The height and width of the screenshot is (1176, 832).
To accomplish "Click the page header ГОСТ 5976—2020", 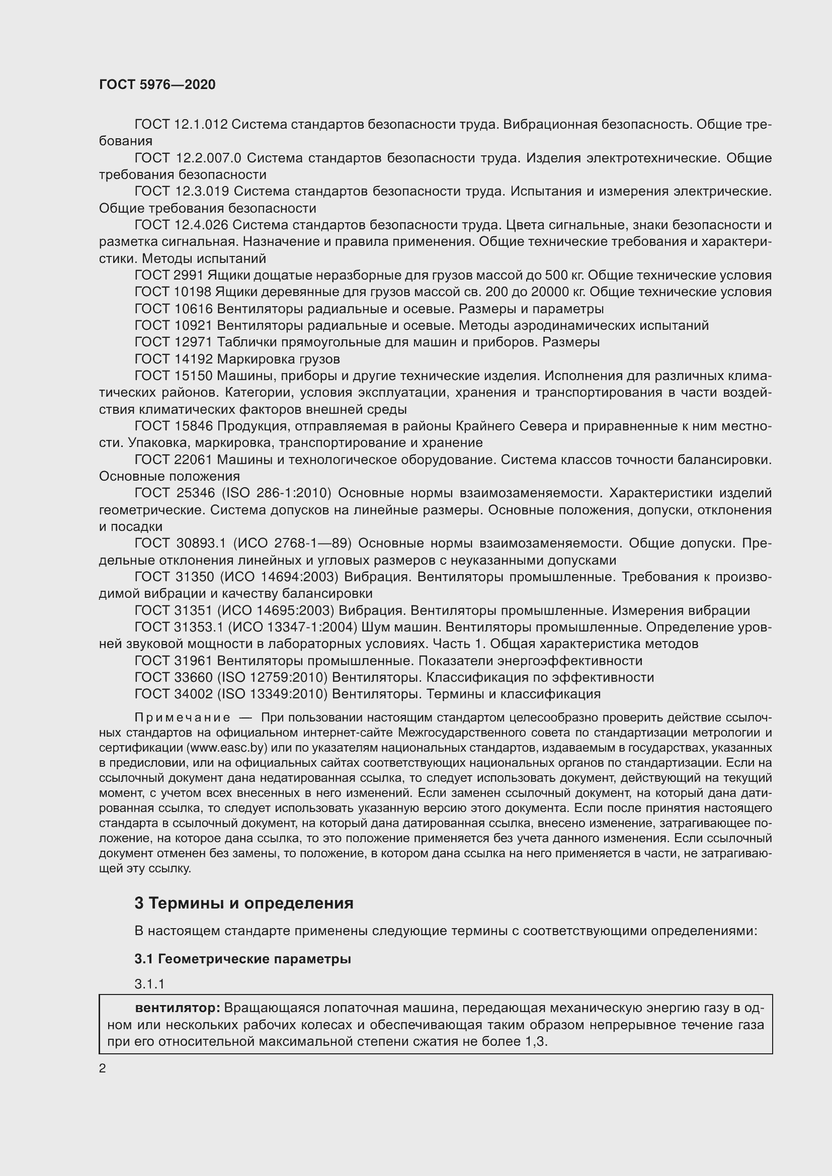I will click(157, 84).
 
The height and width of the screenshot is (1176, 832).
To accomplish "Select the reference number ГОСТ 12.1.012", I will click(181, 125).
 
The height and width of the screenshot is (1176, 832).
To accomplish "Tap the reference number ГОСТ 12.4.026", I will click(182, 225).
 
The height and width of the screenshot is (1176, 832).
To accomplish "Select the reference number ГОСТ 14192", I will click(173, 359).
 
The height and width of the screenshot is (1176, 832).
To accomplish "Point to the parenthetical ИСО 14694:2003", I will click(279, 577).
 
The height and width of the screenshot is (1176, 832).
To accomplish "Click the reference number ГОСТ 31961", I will click(174, 661).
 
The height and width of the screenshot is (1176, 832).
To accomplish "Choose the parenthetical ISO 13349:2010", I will click(272, 694).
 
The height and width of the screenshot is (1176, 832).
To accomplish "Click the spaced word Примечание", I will click(182, 717).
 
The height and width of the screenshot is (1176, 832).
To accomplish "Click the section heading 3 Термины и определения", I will click(244, 903).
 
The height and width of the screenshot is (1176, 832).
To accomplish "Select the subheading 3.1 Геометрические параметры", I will click(243, 959).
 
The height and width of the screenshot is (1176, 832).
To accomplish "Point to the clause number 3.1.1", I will click(149, 984).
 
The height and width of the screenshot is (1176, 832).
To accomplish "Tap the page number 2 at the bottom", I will click(103, 1068).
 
